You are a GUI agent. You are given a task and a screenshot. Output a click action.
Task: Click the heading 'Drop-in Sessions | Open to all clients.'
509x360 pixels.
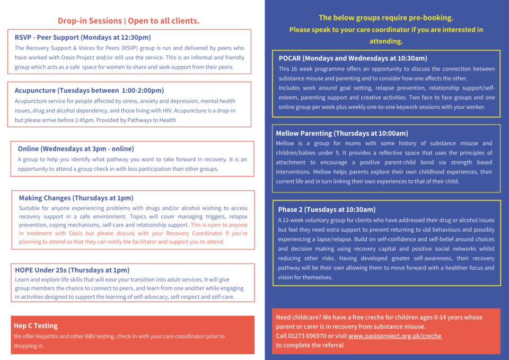(128, 21)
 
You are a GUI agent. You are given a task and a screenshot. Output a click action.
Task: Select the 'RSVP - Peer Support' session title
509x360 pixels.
(83, 37)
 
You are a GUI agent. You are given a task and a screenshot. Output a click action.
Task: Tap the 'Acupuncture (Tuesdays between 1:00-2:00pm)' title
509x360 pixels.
(89, 90)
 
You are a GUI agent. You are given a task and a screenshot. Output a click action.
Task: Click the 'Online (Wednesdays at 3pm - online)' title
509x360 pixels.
(76, 148)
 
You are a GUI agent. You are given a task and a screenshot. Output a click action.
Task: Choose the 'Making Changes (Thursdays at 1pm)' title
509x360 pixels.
(76, 198)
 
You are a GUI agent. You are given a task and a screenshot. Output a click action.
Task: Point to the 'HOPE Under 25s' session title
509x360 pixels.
(72, 270)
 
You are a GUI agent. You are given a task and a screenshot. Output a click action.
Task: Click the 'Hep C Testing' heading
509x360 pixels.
(36, 326)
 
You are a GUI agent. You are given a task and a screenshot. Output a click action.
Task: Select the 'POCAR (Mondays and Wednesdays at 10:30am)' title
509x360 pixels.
(353, 58)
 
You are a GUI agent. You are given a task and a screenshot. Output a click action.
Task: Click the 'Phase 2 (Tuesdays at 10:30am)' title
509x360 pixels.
(327, 209)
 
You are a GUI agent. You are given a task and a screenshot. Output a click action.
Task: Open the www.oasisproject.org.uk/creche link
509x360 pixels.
(395, 336)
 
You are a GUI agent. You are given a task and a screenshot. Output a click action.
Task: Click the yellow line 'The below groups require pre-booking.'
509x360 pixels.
(386, 17)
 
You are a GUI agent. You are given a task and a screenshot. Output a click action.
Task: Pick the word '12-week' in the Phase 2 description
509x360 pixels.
(296, 220)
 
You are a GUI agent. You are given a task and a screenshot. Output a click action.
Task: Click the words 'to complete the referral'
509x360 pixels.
(310, 345)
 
